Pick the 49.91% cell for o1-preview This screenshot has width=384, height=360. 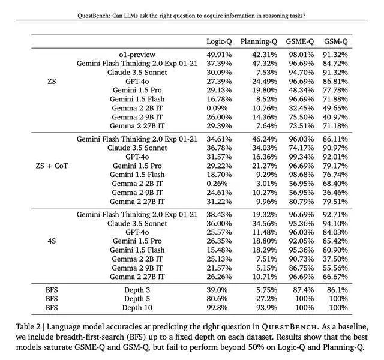219,54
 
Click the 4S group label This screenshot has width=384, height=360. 52,241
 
